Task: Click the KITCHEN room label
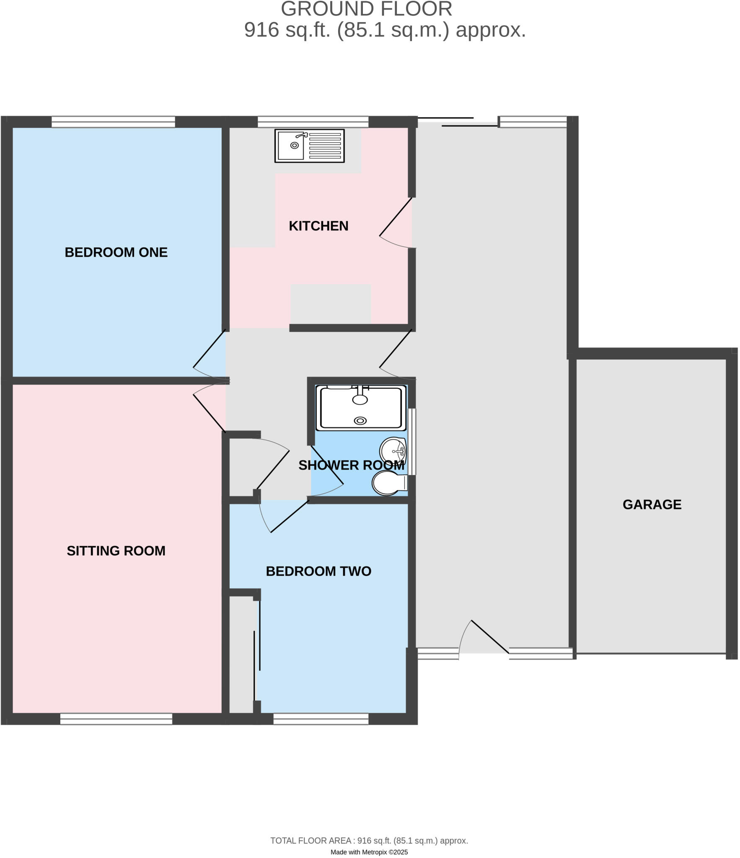coord(318,226)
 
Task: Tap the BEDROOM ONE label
coord(116,252)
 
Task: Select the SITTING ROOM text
coord(116,550)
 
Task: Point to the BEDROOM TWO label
coord(318,571)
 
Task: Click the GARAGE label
coord(652,504)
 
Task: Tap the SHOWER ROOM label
coord(351,465)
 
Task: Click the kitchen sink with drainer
coord(309,145)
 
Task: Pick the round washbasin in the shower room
coord(393,451)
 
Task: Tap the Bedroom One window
coord(113,122)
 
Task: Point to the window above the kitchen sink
coord(313,122)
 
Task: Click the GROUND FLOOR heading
coord(366,9)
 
